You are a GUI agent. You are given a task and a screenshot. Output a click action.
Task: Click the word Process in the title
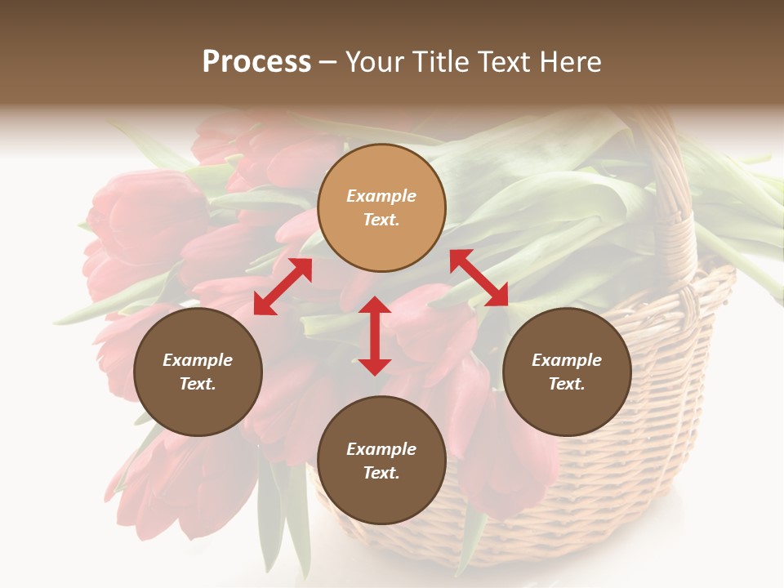coord(256,62)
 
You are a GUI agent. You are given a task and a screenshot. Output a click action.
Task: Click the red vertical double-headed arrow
coord(375,336)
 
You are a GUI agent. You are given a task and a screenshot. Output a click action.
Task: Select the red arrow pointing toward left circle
coord(283,287)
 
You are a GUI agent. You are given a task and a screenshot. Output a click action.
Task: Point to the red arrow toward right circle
coord(479,278)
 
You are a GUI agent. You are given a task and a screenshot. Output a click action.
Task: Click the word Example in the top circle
coord(381,196)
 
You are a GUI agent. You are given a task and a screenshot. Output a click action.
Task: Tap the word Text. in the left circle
coord(198,384)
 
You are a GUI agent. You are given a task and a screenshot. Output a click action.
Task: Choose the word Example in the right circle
coord(567,360)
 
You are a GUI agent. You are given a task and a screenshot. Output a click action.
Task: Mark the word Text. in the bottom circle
coord(381,473)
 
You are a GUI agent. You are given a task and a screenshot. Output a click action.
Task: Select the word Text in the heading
coord(503,62)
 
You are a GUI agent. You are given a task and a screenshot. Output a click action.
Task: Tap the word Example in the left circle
coord(198,360)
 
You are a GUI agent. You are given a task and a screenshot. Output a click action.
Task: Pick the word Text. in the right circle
coord(567,384)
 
